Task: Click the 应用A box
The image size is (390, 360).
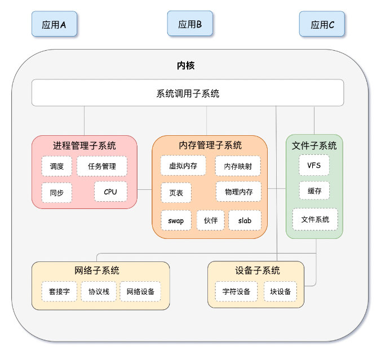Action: [x=54, y=25]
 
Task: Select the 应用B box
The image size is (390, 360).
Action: [x=190, y=24]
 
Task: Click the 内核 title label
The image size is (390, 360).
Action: [x=186, y=66]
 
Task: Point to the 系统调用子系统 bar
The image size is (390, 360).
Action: [x=188, y=93]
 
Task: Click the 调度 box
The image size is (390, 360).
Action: [x=57, y=166]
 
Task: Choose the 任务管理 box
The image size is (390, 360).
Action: [x=102, y=166]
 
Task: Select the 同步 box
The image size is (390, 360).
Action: [x=57, y=192]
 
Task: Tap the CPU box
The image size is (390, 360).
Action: [x=110, y=192]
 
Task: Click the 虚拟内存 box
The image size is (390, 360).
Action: [x=179, y=166]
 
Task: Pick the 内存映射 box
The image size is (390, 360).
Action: [x=238, y=166]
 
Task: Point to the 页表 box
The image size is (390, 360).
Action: [x=176, y=192]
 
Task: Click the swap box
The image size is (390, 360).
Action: [x=176, y=220]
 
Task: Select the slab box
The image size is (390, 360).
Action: [x=245, y=220]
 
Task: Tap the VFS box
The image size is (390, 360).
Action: [x=314, y=165]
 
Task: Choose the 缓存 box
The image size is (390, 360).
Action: [x=314, y=192]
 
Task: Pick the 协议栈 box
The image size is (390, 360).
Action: [x=99, y=291]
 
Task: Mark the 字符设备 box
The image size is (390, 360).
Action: [x=236, y=291]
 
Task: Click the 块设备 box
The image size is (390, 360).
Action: [x=280, y=291]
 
